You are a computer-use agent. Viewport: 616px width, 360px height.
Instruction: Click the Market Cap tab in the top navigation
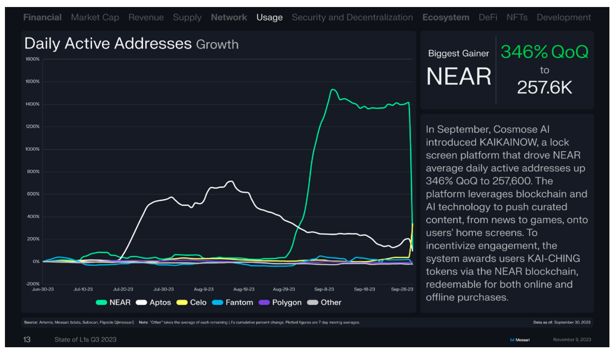click(95, 18)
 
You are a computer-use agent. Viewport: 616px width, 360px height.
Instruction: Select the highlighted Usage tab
click(269, 18)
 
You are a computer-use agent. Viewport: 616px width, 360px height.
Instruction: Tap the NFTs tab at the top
click(517, 17)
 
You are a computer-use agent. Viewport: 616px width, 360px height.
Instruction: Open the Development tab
click(564, 18)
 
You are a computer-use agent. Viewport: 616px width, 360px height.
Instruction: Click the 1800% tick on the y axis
click(33, 59)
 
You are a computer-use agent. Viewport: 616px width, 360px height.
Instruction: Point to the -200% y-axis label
click(33, 283)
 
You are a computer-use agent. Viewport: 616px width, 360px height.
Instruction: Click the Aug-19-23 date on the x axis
click(244, 289)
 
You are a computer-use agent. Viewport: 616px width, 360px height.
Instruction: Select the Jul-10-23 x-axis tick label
click(83, 289)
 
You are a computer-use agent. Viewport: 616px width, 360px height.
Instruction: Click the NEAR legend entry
click(113, 302)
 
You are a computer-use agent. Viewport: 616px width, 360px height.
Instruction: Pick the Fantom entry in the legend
click(233, 302)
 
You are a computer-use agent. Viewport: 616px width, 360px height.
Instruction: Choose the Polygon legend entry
click(280, 302)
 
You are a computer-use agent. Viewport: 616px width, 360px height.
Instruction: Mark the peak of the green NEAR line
click(333, 89)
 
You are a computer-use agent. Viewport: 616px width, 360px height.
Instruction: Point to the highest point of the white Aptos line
click(231, 181)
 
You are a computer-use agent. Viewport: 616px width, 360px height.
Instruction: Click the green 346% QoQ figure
click(544, 52)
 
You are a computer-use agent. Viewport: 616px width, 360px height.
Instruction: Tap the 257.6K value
click(544, 87)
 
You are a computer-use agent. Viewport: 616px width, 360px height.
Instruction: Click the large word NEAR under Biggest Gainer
click(459, 77)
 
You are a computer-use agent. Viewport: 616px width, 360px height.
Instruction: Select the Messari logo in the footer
click(520, 340)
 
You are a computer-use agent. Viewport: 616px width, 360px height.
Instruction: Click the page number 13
click(27, 340)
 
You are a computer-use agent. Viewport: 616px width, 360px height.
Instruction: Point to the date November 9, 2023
click(572, 340)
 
